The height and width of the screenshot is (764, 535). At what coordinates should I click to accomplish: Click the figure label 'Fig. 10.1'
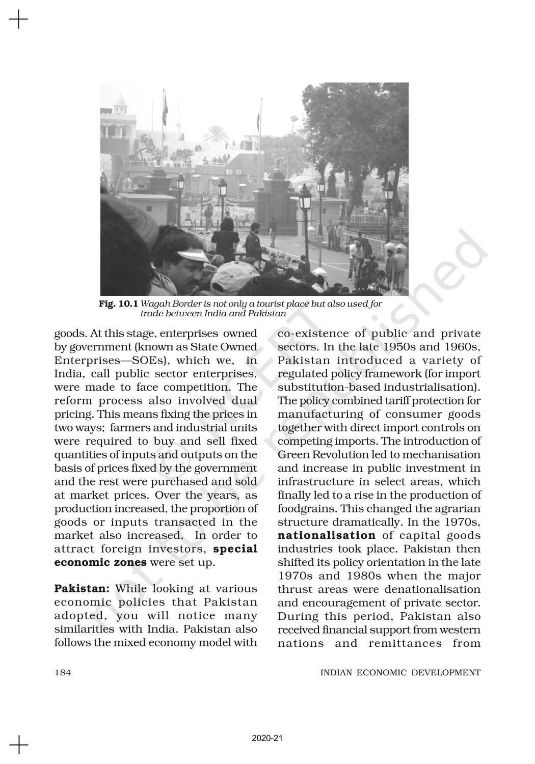(x=118, y=304)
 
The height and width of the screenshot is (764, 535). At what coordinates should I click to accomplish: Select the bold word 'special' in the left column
(x=235, y=549)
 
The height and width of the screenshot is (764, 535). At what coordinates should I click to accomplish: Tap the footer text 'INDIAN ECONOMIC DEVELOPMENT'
(x=400, y=672)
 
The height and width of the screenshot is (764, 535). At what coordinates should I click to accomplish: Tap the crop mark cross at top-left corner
(x=19, y=20)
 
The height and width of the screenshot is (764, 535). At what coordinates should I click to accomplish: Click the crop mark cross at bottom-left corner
(x=19, y=744)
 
